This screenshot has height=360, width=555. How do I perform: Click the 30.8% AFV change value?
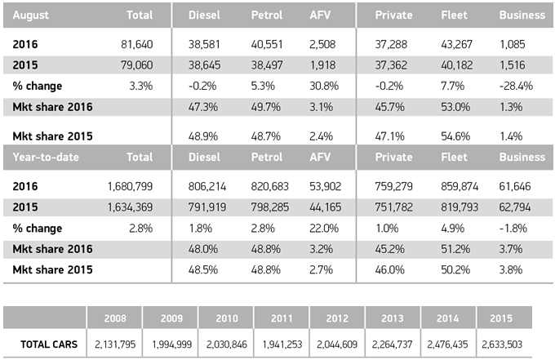click(x=326, y=86)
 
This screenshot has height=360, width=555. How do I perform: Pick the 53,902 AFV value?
click(x=329, y=186)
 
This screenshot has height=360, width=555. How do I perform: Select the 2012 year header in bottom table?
click(x=336, y=317)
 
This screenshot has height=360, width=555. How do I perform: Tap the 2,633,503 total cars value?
click(x=504, y=344)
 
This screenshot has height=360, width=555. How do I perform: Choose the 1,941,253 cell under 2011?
click(x=281, y=344)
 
